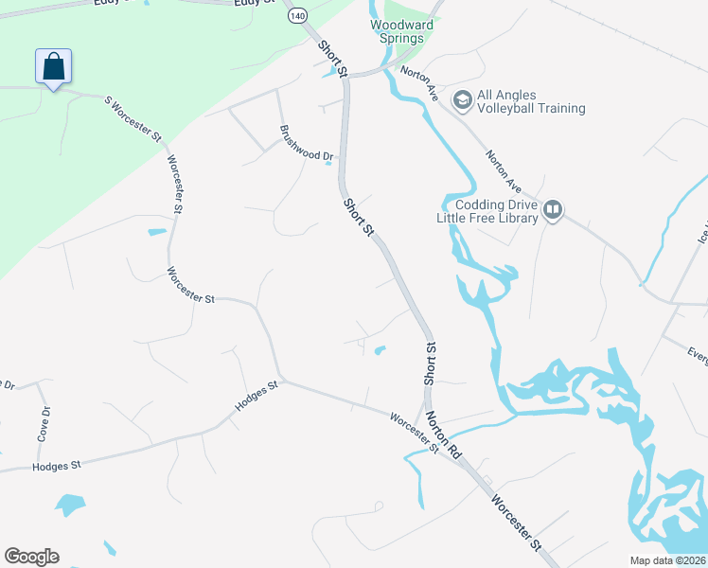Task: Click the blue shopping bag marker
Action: tap(54, 67)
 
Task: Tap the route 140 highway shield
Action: tap(298, 16)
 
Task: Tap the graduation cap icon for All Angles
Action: tap(463, 99)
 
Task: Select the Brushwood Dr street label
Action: tap(307, 142)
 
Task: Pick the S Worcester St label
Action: tap(133, 115)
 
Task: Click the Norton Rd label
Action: tap(442, 435)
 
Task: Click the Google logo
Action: tap(31, 557)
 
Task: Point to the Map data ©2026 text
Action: tap(667, 560)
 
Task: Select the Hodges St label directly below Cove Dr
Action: tap(57, 466)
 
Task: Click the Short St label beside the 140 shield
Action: tap(333, 59)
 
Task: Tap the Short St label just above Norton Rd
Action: tap(429, 363)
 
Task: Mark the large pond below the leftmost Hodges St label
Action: tap(70, 504)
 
